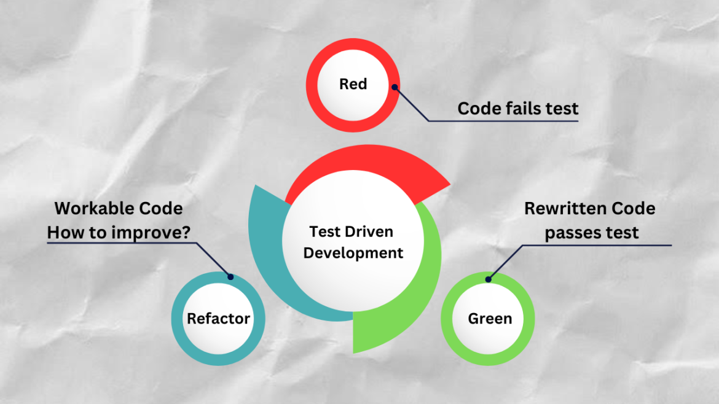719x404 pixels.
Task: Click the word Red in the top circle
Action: point(353,84)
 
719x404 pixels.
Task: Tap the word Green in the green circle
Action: point(490,319)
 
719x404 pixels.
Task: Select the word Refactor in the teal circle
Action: point(218,319)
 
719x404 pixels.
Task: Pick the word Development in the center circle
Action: point(353,252)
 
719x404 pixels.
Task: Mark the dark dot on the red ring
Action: point(395,87)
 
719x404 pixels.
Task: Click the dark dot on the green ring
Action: point(488,280)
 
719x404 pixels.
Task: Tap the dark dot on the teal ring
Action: point(230,277)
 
